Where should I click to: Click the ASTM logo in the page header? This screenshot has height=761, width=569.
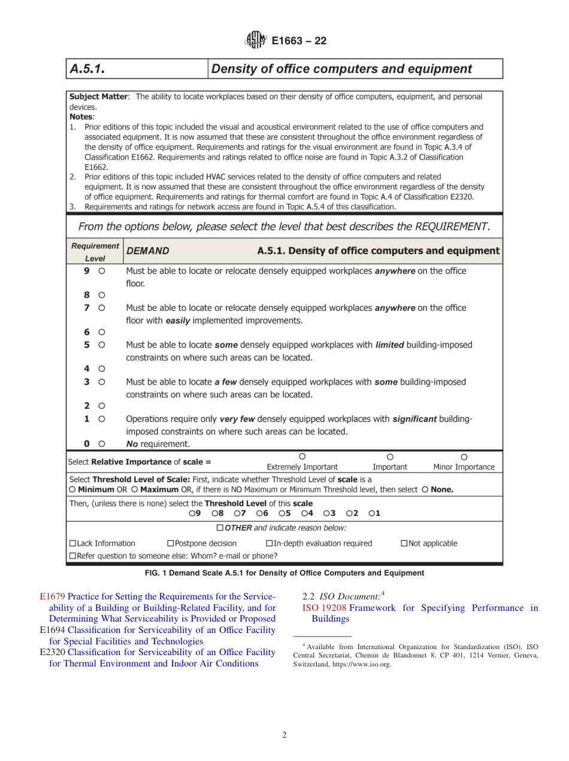256,41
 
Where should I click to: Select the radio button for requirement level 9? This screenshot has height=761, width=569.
102,271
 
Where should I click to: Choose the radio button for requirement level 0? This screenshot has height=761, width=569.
102,444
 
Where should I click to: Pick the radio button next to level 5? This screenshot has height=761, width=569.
102,345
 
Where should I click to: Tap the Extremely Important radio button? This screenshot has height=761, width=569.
302,456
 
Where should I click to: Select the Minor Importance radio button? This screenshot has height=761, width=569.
464,456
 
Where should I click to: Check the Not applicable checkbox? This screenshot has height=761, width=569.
404,543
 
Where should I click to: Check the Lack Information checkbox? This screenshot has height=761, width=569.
73,543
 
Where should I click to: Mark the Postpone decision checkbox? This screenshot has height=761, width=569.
170,543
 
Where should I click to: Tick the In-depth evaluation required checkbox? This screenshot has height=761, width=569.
270,543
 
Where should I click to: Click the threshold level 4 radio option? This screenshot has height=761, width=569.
304,513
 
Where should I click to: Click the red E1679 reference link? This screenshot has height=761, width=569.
52,596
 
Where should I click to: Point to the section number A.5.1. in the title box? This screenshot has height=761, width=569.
87,69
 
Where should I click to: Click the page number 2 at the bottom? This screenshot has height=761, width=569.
284,735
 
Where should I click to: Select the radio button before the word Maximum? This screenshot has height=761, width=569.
134,489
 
